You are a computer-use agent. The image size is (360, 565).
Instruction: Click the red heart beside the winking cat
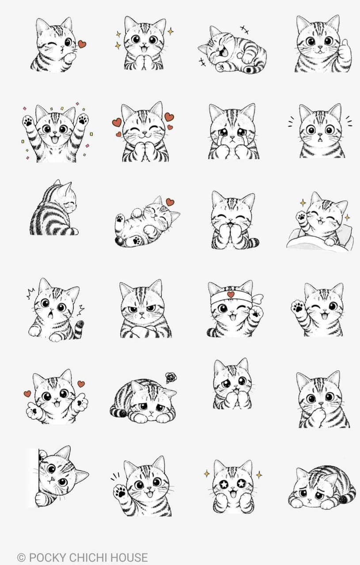pos(82,44)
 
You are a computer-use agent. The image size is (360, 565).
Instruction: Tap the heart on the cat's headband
pos(230,294)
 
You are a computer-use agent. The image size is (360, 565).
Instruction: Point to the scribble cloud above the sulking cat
pos(171,377)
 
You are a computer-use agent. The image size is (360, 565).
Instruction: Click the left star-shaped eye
pos(224,484)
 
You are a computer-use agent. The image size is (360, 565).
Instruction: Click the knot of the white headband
pos(257,298)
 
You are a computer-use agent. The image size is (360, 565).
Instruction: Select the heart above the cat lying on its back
pos(170,202)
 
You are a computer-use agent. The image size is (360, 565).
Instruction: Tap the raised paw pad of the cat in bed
pos(301,216)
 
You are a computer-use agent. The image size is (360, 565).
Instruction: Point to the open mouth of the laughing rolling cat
pos(223,52)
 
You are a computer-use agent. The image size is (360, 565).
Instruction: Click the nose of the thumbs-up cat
pos(320,47)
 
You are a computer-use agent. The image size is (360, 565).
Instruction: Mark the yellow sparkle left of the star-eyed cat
pos(207,474)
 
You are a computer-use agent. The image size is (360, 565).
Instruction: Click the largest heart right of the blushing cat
pos(169,117)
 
